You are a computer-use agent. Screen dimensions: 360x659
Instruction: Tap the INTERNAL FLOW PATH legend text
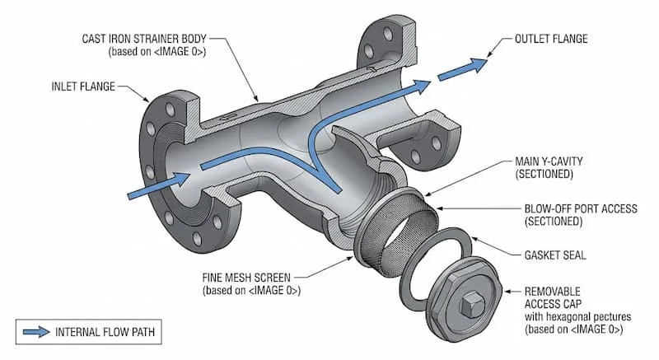click(107, 333)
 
